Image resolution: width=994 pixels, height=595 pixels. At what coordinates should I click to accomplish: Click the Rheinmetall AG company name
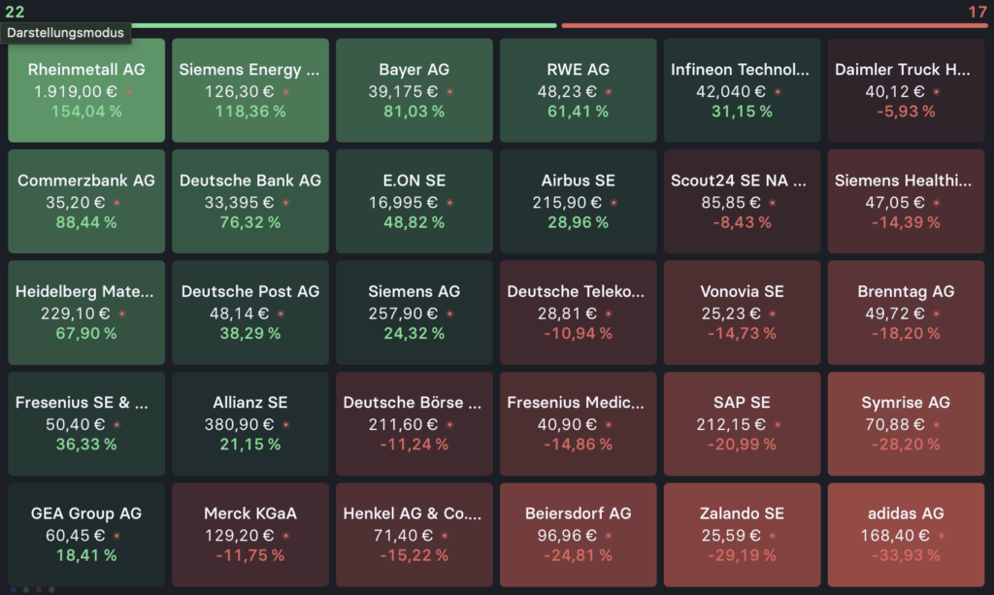coord(86,70)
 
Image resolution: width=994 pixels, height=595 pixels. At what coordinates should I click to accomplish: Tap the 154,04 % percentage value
coord(86,112)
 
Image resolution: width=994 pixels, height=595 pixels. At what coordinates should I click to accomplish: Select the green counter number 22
coord(15,12)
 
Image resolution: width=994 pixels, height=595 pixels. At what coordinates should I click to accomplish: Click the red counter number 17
coord(977,12)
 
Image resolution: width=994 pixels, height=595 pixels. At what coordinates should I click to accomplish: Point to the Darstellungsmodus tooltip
coord(66,32)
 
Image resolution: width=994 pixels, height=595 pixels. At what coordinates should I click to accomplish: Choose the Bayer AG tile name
coord(414,70)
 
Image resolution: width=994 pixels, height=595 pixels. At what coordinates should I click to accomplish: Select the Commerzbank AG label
coord(86,181)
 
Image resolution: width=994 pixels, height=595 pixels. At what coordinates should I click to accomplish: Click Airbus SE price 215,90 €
coord(568,202)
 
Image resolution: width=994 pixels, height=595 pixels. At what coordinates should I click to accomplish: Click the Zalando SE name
coord(742,513)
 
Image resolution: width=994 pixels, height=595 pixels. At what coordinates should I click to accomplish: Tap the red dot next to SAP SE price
coord(777,425)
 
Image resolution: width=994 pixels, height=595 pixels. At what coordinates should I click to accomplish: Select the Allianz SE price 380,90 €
coord(241,424)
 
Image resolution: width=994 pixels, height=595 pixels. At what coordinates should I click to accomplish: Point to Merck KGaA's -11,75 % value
coord(250,555)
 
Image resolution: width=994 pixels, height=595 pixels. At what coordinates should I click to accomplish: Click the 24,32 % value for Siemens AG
coord(414,333)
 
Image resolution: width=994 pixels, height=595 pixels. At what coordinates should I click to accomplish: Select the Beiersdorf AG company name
coord(578,513)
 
